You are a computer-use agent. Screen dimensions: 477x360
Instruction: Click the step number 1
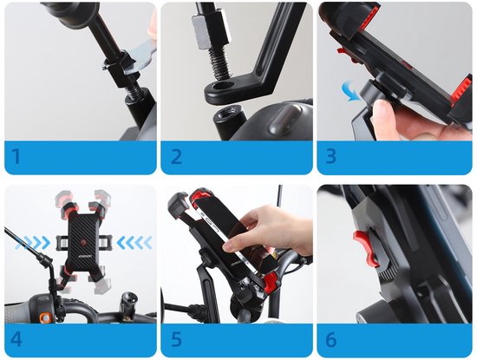coord(16,156)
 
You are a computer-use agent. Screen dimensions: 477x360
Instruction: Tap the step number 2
coord(176,156)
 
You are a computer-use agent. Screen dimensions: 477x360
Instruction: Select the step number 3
coord(331,156)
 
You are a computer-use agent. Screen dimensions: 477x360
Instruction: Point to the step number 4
coord(16,339)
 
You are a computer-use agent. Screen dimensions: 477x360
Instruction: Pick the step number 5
coord(176,339)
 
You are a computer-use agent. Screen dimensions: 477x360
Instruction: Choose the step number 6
coord(331,339)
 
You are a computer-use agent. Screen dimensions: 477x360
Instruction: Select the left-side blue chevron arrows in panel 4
coord(33,243)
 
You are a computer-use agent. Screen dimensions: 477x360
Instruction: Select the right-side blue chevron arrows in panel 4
coord(134,243)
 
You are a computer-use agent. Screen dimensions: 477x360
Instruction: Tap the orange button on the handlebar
coord(46,317)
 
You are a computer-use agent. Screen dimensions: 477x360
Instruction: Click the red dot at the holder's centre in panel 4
coord(83,243)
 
